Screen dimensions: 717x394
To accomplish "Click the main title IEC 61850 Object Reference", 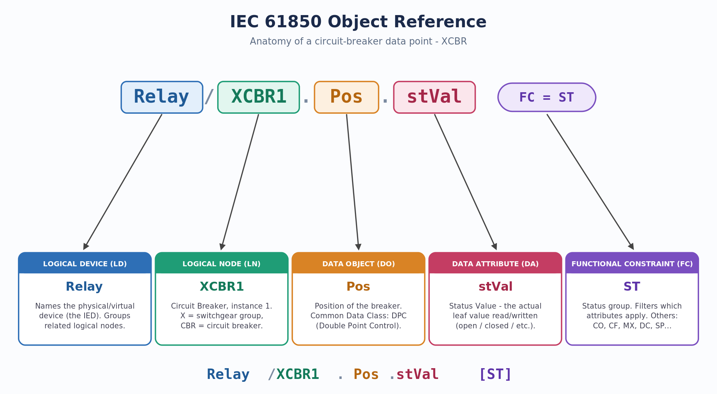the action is (358, 22).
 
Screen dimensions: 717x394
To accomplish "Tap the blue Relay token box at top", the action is (162, 97).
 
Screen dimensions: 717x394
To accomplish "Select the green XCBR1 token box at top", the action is (258, 97).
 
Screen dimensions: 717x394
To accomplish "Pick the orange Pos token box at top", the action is (346, 97).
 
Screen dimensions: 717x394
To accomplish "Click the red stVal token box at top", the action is (435, 97).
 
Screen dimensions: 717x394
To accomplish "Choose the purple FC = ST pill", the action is (547, 97).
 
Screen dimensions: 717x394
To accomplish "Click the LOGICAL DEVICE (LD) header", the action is (85, 264).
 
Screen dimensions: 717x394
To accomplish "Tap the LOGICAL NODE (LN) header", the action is (222, 264).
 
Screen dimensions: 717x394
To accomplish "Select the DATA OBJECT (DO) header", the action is (358, 264).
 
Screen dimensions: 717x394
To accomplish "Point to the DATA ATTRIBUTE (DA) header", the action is (495, 264).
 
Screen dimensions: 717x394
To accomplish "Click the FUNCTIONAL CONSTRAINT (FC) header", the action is (632, 264).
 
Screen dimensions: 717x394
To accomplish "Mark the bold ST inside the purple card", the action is (632, 287).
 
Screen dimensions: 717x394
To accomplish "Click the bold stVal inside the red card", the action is (495, 287).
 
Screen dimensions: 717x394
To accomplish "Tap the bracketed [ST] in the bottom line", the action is (495, 374).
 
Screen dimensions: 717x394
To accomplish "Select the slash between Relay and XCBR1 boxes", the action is (209, 97).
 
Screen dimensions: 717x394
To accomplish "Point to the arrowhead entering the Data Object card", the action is (358, 247).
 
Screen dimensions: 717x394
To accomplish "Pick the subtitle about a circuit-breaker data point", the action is (358, 42).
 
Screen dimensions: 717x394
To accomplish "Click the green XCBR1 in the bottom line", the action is (298, 374).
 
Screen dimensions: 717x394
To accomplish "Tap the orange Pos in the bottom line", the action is (366, 374).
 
